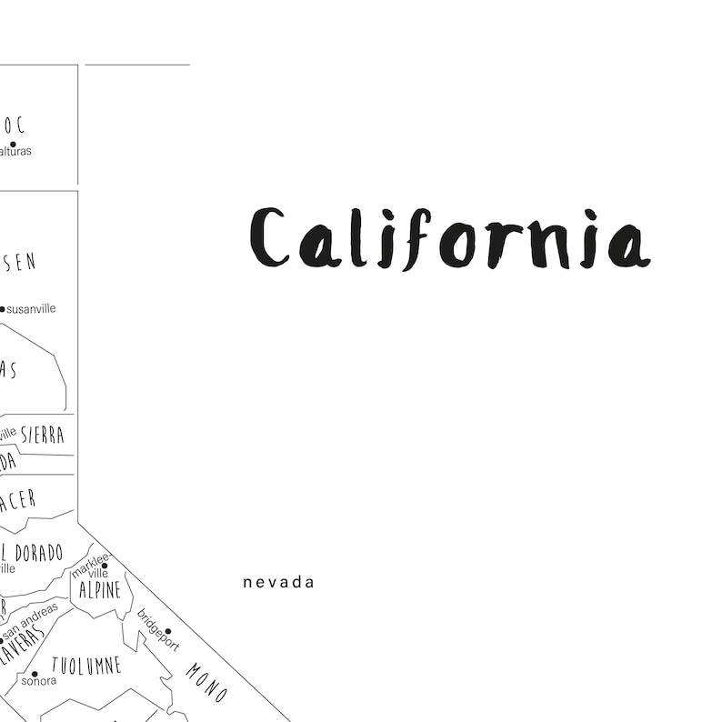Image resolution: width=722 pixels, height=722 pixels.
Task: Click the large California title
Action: pos(449,239)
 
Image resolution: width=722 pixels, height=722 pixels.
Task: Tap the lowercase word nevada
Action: pos(278,582)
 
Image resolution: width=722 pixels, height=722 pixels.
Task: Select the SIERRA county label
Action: pos(43,435)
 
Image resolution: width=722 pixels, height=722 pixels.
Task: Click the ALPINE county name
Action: pos(100,590)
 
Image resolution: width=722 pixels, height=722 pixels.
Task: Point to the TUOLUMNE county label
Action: pos(86,666)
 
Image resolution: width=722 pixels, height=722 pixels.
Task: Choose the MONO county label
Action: pos(206,682)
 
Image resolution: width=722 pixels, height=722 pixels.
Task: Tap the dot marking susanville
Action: pos(2,309)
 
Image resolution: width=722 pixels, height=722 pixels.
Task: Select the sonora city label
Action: pos(38,680)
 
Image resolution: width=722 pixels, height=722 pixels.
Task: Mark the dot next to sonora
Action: pos(35,674)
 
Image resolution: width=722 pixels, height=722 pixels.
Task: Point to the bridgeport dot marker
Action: pos(167,631)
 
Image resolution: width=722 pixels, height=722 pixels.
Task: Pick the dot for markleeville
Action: pos(105,566)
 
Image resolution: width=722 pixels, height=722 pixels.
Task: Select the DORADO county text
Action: pos(39,553)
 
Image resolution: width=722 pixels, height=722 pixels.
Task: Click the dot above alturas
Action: pos(13,144)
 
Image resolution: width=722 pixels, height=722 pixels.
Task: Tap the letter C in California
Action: pos(269,239)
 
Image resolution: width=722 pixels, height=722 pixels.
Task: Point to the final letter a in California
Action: pos(628,246)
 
